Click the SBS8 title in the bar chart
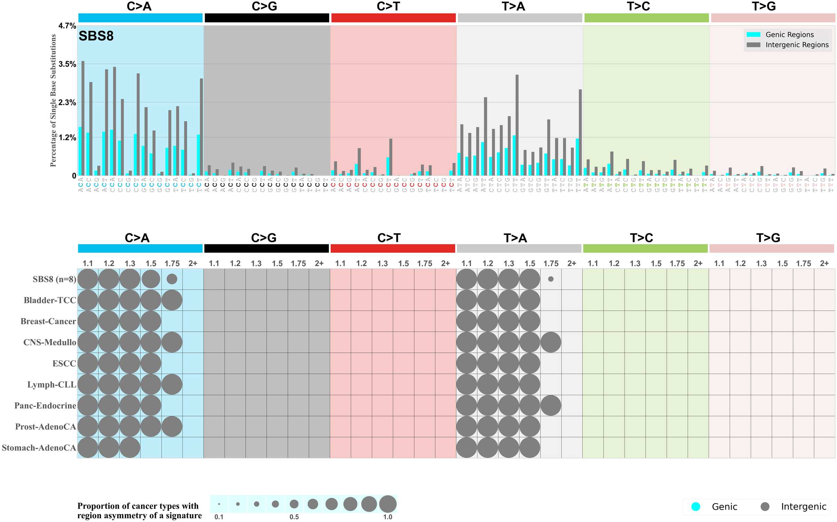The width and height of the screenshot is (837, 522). click(96, 36)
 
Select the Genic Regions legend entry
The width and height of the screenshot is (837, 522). click(789, 35)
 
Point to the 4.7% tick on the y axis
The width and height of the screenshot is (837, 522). click(67, 26)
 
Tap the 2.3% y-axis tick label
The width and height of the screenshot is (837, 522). click(67, 102)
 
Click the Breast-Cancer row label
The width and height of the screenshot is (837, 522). click(48, 321)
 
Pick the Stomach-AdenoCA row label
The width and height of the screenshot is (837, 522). click(39, 448)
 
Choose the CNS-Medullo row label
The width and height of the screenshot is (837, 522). click(50, 342)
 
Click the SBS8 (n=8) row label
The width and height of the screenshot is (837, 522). click(54, 279)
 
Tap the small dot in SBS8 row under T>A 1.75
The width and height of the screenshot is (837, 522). click(551, 279)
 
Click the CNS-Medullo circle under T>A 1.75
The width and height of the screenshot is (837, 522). click(551, 342)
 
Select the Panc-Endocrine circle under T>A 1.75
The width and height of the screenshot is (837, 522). click(551, 405)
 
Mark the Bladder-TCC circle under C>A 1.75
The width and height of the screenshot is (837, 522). click(172, 300)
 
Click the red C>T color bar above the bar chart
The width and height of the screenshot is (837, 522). click(393, 18)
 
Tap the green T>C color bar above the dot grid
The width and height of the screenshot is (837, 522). click(645, 249)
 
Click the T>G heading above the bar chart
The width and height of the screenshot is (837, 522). click(764, 6)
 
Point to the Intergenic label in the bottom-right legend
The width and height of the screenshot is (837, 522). click(804, 507)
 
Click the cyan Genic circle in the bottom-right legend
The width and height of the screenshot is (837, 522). click(696, 507)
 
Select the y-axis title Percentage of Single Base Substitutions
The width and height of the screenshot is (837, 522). click(53, 101)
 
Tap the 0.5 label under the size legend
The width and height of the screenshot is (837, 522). click(294, 517)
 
